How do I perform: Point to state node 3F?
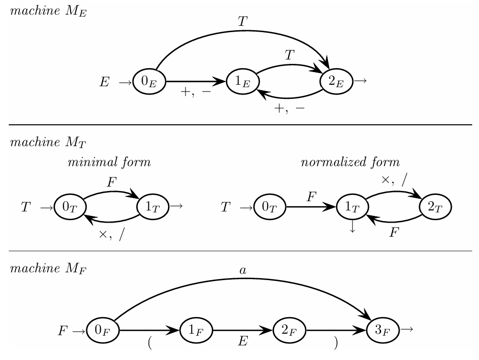382,331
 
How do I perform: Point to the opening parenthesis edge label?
150,343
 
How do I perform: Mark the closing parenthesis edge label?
335,343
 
